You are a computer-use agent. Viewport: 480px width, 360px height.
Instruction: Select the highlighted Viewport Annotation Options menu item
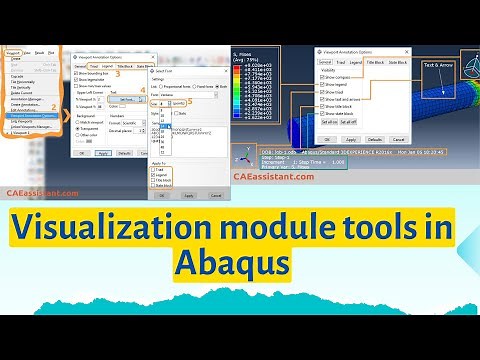click(x=31, y=116)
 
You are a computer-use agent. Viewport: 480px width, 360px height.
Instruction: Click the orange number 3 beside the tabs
click(x=116, y=73)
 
